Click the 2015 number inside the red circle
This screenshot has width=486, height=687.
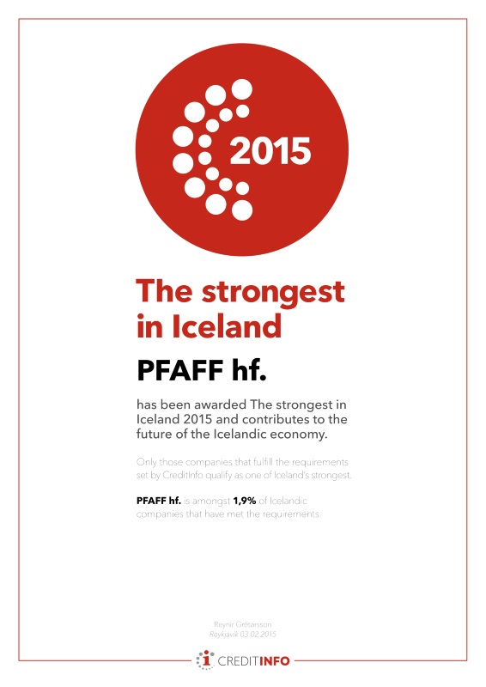(270, 151)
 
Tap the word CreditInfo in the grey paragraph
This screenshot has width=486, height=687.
(190, 475)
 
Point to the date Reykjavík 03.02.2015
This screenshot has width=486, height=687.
(243, 634)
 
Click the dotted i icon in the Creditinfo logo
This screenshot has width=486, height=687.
(205, 660)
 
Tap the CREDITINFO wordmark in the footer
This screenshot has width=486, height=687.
(254, 661)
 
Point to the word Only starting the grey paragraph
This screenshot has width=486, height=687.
(149, 461)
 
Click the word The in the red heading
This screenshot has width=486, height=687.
(165, 293)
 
